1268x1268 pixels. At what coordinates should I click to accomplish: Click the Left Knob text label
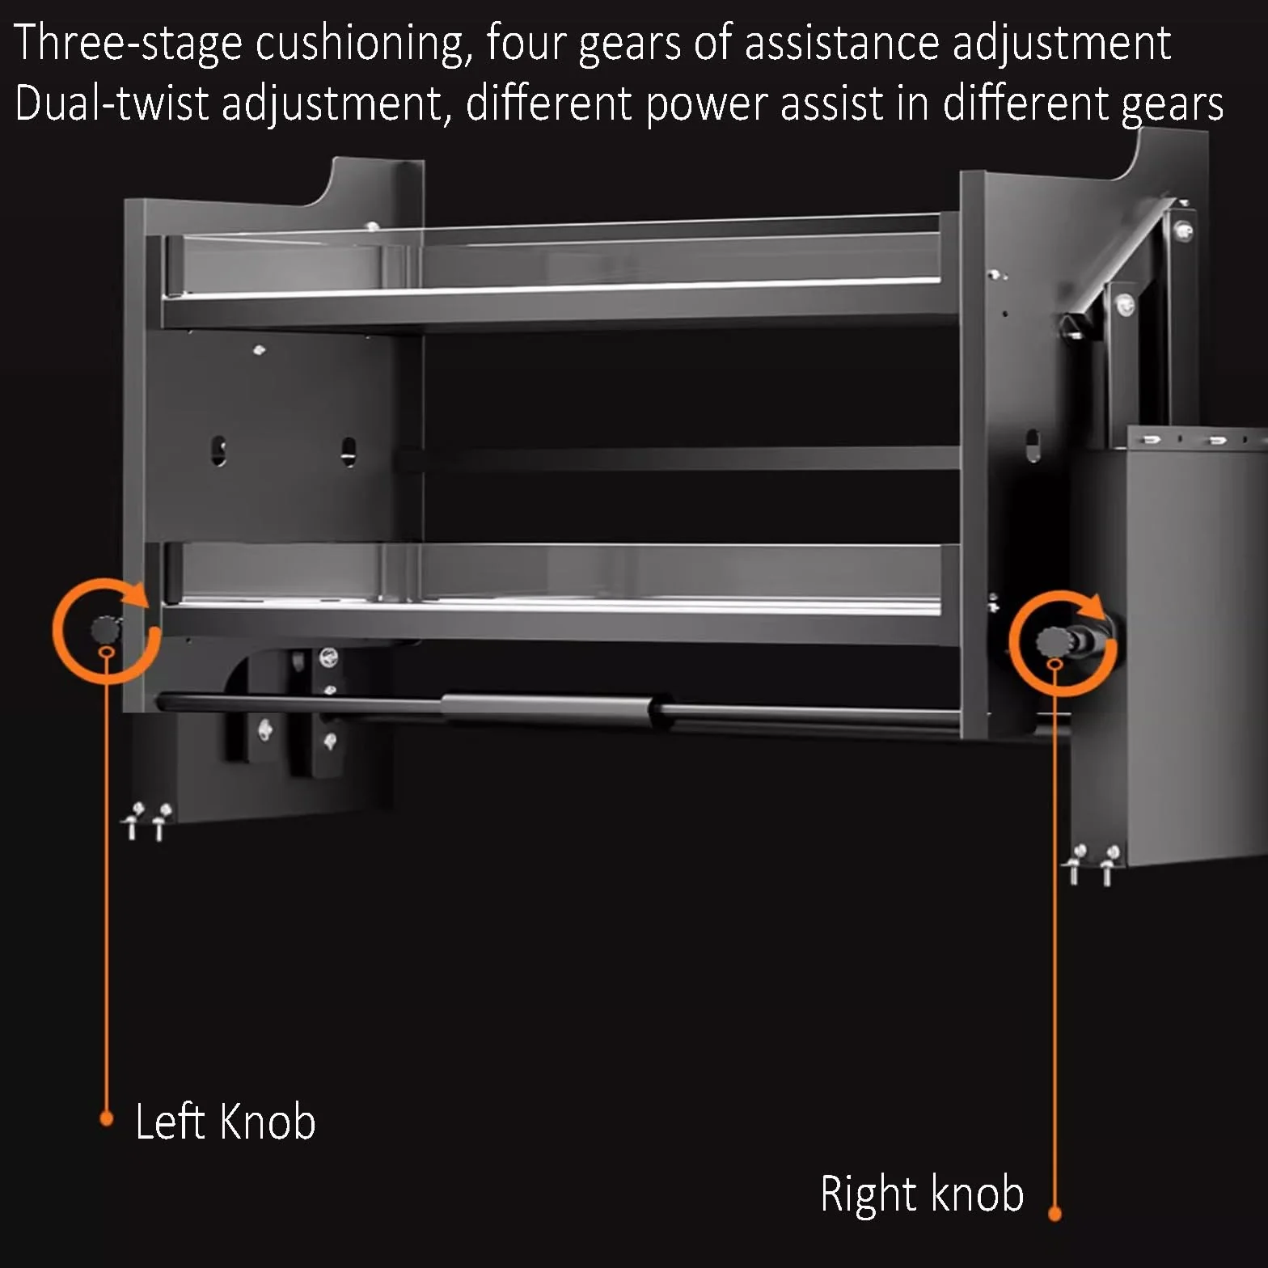225,1122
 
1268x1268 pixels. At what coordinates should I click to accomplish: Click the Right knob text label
922,1194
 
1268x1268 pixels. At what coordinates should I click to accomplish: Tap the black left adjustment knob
105,628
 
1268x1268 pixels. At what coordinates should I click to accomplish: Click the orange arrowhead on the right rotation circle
1094,607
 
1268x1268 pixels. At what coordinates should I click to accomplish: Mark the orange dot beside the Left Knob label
106,1119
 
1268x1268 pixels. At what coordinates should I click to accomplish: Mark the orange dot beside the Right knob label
1055,1214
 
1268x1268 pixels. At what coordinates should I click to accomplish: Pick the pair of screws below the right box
1092,864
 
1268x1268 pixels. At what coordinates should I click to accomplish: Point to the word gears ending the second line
1172,106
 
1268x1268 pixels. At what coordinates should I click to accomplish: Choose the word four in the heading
526,43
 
